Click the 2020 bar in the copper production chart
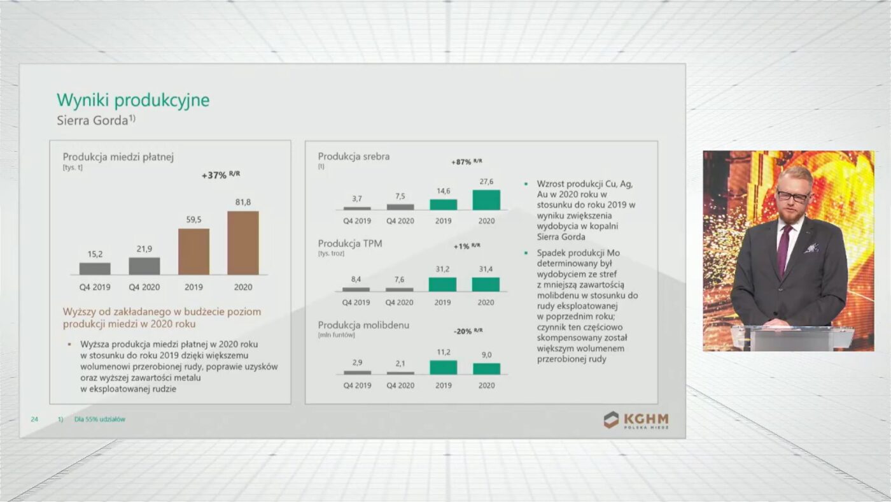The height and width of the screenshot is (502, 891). click(x=243, y=243)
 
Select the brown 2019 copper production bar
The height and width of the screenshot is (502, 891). click(x=193, y=252)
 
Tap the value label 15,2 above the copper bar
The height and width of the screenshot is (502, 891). click(x=95, y=254)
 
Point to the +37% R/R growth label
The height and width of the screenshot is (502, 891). click(x=221, y=175)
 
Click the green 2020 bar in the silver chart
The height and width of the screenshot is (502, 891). click(x=486, y=200)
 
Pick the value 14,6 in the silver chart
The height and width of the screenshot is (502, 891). click(x=444, y=191)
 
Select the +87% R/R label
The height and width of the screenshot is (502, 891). click(x=467, y=162)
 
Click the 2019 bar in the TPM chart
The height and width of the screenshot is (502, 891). click(x=442, y=285)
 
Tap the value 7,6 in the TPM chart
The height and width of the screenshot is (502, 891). click(x=400, y=280)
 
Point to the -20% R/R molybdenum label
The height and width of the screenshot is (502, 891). click(x=468, y=331)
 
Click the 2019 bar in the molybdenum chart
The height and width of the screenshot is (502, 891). click(x=444, y=368)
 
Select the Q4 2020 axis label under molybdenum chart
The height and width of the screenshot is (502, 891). click(x=400, y=385)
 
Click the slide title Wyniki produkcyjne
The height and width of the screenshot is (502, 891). click(x=133, y=100)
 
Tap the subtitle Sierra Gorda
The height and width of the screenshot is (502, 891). click(x=96, y=120)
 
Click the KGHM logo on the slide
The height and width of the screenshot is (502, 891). click(x=636, y=420)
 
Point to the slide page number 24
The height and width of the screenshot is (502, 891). click(x=34, y=419)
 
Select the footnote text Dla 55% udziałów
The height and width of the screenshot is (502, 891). click(x=99, y=419)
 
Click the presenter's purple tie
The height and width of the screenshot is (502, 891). click(x=784, y=249)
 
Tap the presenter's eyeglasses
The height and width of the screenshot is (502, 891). click(x=793, y=196)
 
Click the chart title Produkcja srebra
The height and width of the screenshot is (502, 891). click(x=354, y=157)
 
